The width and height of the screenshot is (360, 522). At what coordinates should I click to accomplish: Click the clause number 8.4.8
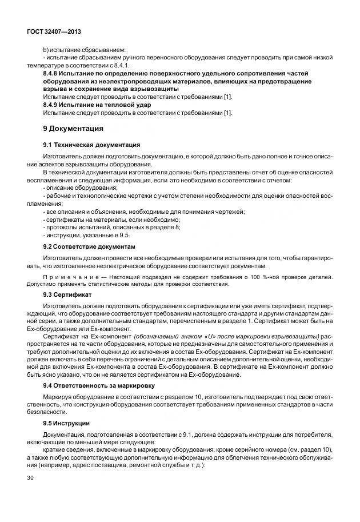(x=53, y=74)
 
